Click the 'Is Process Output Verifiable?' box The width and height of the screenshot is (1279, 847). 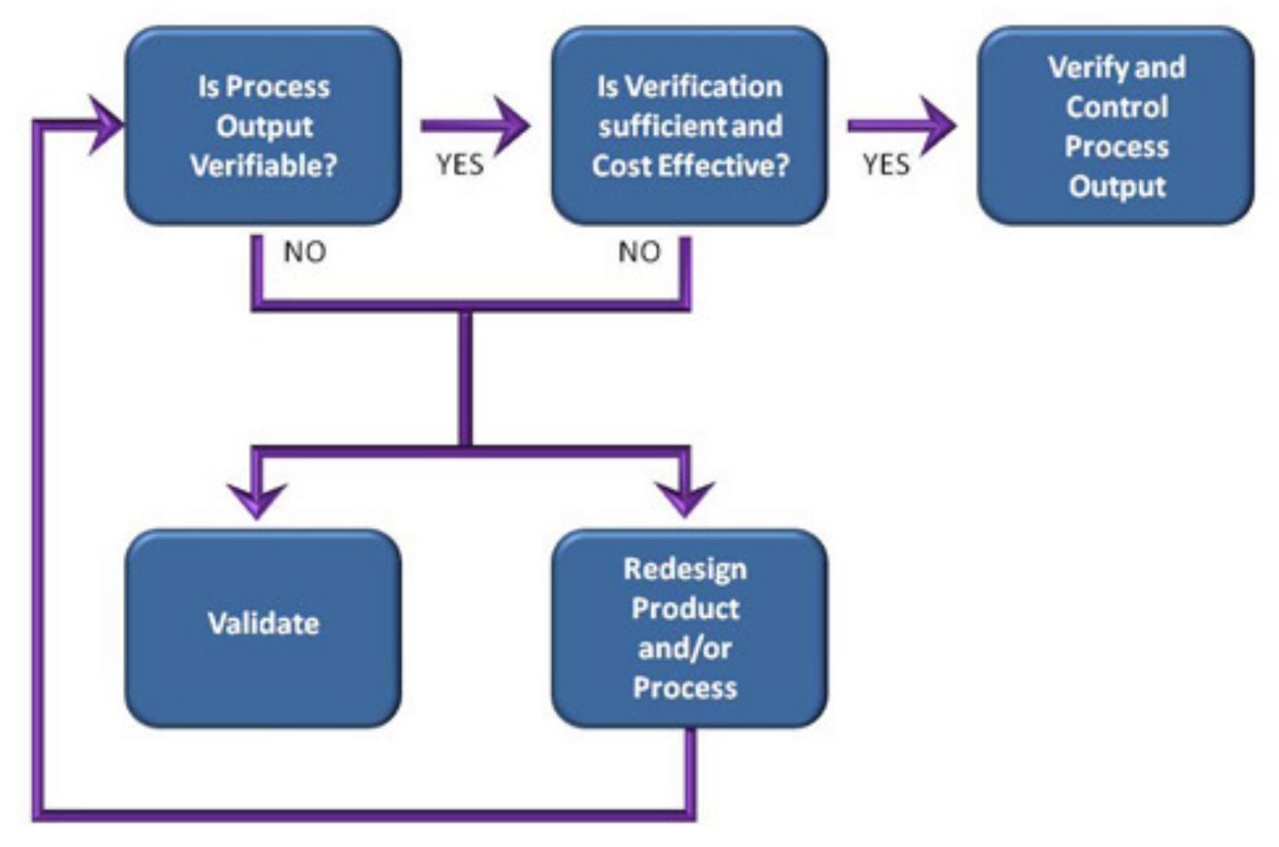(263, 126)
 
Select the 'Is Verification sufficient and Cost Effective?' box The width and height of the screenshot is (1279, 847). (689, 126)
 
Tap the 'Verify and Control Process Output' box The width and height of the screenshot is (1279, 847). (1116, 126)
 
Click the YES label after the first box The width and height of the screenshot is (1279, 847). (460, 165)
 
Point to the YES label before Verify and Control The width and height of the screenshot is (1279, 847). (885, 165)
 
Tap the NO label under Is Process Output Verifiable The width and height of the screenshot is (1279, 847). (305, 252)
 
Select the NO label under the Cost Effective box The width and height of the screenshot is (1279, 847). (639, 252)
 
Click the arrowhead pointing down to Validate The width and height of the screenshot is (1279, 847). (257, 497)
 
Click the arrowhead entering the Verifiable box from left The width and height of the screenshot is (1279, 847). (107, 125)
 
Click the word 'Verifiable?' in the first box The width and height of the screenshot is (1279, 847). (264, 166)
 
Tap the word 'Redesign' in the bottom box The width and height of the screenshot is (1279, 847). (685, 569)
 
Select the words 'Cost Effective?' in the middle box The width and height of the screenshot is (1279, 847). (690, 166)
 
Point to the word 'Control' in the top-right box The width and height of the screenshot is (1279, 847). (1117, 107)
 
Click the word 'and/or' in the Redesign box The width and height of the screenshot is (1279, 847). (684, 647)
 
